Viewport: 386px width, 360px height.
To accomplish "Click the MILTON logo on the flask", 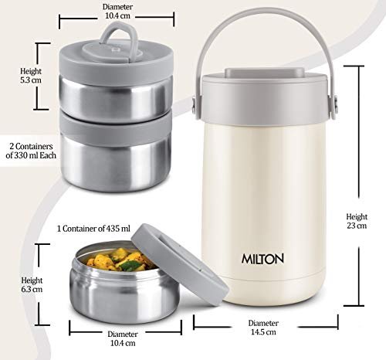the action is [262, 259].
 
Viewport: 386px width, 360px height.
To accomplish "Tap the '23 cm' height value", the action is [357, 226].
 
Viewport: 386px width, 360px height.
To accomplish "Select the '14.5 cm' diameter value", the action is [263, 332].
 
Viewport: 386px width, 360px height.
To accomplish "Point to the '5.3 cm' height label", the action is [31, 80].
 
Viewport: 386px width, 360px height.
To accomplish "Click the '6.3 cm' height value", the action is [32, 289].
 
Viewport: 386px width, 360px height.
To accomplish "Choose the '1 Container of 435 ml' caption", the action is [93, 229].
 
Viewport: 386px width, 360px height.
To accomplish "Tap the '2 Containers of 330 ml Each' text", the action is [31, 151].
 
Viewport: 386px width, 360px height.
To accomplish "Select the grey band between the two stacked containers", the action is [116, 129].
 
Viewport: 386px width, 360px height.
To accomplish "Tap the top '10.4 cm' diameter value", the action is [117, 15].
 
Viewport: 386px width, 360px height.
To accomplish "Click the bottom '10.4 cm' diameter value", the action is [123, 343].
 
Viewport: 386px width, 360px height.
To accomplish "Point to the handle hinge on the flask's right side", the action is [335, 106].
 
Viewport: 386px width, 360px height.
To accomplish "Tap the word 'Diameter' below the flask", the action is [263, 323].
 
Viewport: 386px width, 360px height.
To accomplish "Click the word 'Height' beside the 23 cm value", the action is [357, 217].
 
